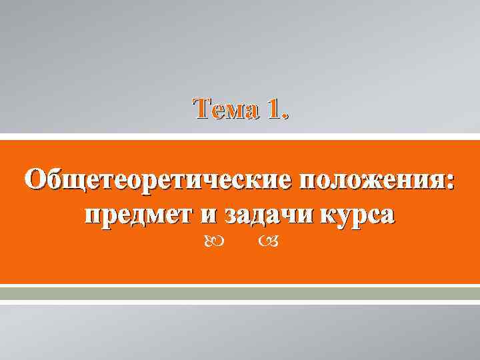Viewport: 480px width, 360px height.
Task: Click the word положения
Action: [x=371, y=181]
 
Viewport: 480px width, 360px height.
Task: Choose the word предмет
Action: [x=137, y=215]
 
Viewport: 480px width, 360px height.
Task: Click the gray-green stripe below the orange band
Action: [x=240, y=293]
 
